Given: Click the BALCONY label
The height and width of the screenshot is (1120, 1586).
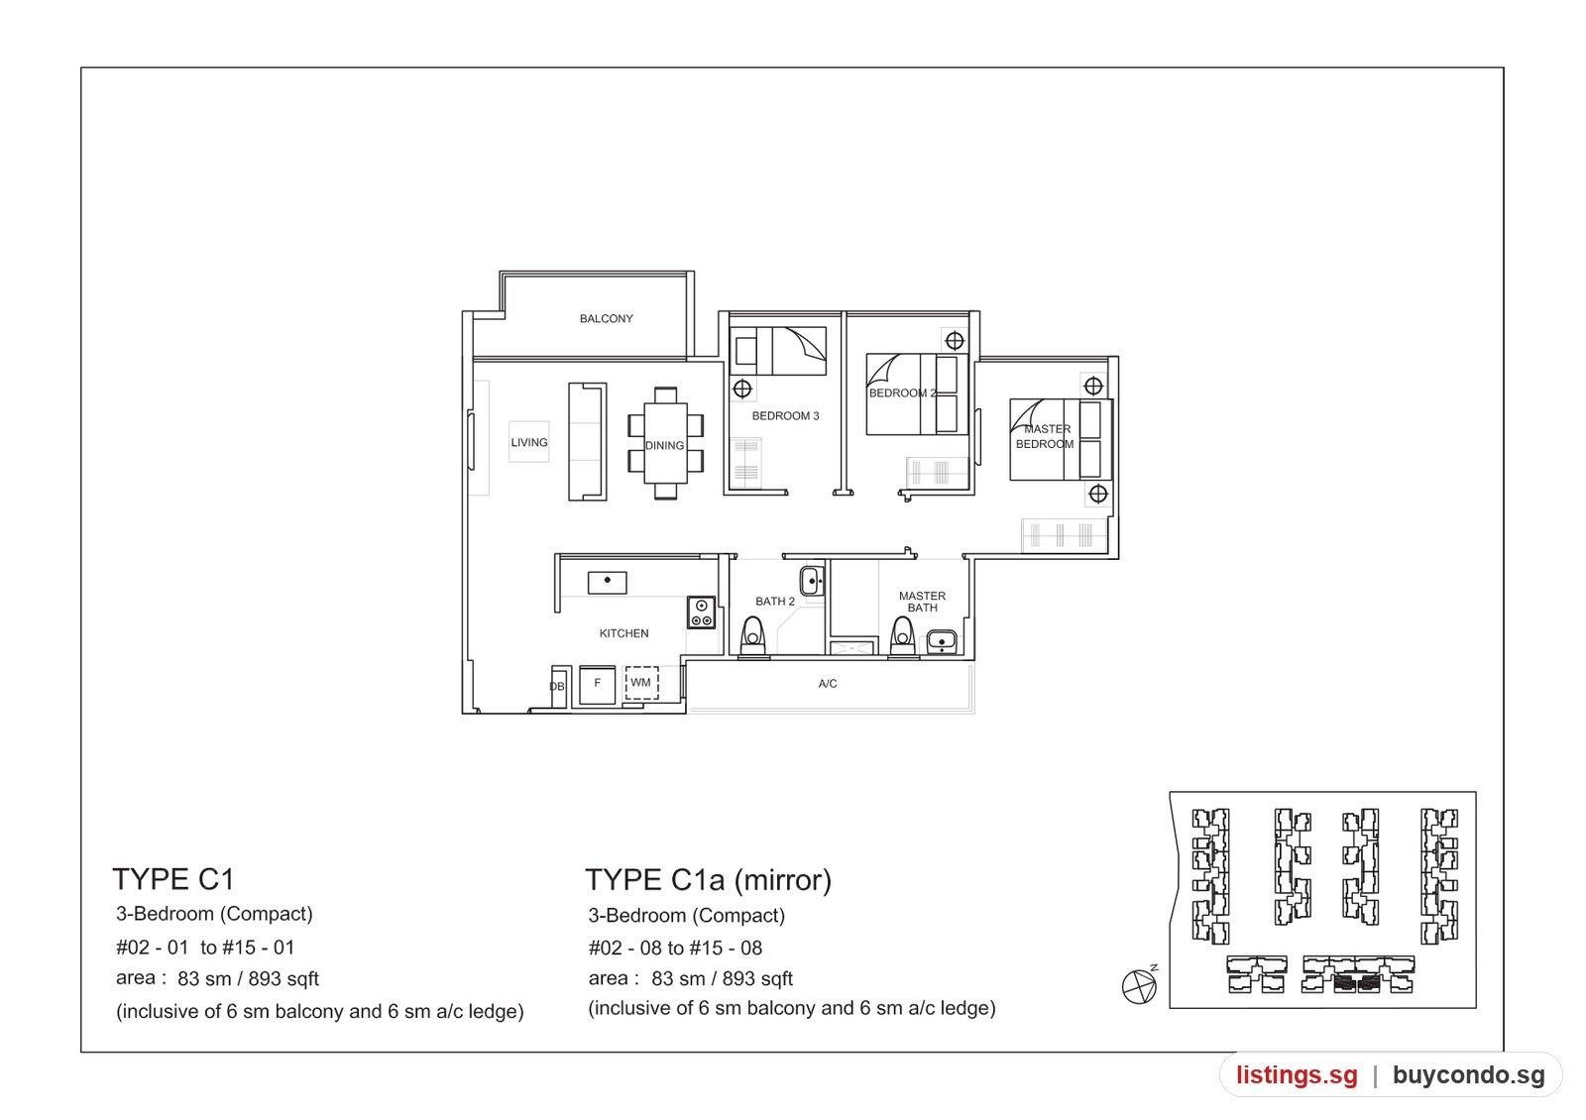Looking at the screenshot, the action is (x=606, y=318).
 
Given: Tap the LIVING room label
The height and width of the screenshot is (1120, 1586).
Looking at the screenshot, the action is (x=529, y=442).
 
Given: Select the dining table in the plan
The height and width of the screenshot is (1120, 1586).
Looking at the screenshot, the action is (x=665, y=443).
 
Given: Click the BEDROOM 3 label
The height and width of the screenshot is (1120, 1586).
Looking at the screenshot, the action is (x=785, y=415).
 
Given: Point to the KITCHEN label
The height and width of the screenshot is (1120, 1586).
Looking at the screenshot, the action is (x=623, y=633).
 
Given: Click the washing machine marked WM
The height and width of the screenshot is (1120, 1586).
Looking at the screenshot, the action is (x=641, y=683).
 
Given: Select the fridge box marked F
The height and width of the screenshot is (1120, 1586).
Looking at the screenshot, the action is (x=597, y=684).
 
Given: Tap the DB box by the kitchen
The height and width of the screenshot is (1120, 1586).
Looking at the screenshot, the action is (x=559, y=686).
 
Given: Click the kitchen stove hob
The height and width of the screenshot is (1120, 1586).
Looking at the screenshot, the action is (x=701, y=613).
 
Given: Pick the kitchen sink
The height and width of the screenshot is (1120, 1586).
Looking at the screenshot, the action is (x=607, y=583).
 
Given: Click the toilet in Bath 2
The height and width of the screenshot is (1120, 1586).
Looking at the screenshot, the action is (x=752, y=636).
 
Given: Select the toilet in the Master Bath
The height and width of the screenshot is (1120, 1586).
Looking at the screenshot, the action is (x=902, y=636).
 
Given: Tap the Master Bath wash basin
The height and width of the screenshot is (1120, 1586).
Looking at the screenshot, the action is (x=942, y=642).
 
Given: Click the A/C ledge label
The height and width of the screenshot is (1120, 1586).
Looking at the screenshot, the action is (x=828, y=683).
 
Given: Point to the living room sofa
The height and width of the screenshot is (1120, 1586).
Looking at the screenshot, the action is (x=587, y=442).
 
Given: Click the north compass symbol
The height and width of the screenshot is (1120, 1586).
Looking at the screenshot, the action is (x=1140, y=985).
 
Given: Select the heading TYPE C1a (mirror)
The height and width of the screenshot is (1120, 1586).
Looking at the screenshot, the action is (x=708, y=880).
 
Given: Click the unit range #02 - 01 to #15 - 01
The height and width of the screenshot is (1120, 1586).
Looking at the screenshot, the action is (x=205, y=948).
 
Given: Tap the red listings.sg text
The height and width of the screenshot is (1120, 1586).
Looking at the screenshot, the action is (x=1298, y=1074).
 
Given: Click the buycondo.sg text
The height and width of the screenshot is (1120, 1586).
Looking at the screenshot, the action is (x=1469, y=1074).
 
